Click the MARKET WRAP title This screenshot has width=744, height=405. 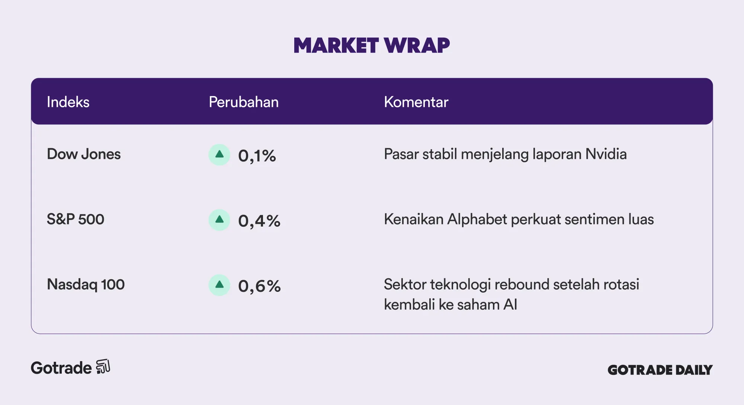pos(372,45)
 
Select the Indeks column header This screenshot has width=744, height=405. pos(68,102)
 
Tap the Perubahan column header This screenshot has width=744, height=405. pos(244,102)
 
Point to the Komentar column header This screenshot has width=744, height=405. pos(416,102)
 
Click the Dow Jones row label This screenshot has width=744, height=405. pos(84,154)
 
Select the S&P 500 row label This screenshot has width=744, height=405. pos(76,219)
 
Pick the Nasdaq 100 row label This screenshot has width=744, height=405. pos(86,285)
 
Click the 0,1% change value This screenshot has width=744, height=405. pos(257,156)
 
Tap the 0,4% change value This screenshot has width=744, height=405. pos(259,221)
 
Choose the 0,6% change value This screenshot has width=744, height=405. pos(259,286)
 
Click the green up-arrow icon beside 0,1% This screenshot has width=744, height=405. pos(219,154)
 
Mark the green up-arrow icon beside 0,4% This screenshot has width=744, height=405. pos(219,220)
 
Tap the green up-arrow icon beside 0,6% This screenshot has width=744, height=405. pos(219,285)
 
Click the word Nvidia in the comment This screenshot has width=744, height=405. pos(606,154)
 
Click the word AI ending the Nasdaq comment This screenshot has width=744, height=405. pos(510,305)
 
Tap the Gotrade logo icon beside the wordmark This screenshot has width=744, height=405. pos(103,367)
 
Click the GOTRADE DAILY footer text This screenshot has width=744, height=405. pos(660,370)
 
